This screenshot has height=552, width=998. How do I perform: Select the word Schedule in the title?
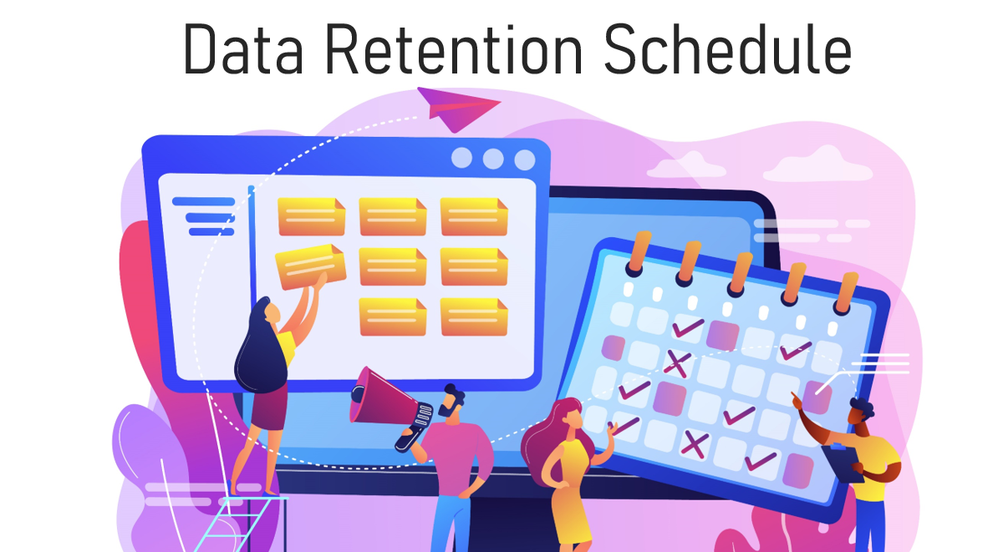(x=727, y=49)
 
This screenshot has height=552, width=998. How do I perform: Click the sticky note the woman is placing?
(x=310, y=266)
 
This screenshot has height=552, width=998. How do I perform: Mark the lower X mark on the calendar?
(x=695, y=443)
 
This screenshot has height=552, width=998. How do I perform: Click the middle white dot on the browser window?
(x=493, y=159)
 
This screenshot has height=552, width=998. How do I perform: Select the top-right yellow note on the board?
(x=474, y=216)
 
